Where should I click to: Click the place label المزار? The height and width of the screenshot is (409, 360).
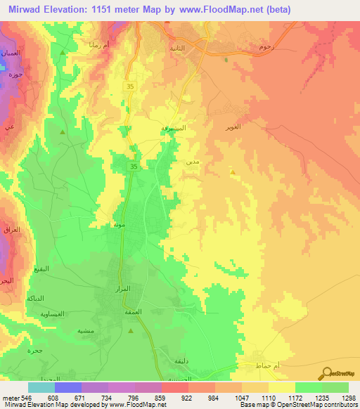pos(122,290)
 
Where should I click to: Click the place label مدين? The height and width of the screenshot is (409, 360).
pos(191,162)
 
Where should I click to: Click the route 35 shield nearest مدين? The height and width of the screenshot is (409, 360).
pos(134,166)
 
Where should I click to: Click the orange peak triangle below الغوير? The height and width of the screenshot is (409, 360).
pos(233,170)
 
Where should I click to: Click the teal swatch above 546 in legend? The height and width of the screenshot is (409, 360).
pos(41,387)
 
